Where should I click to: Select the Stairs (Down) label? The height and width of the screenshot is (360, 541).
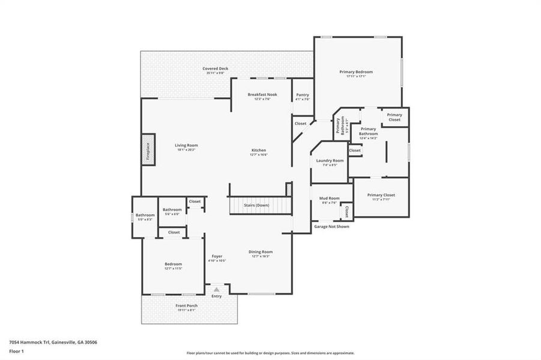(258, 205)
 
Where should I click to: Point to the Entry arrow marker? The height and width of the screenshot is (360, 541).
(216, 289)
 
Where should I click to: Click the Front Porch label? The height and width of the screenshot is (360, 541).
(186, 305)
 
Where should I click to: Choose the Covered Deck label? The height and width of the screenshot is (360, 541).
(215, 68)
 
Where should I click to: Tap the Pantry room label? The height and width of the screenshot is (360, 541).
(303, 94)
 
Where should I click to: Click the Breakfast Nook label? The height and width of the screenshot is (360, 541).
(262, 94)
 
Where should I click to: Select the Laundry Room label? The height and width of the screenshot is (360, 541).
(330, 160)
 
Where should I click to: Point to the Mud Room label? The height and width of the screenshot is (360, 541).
(330, 198)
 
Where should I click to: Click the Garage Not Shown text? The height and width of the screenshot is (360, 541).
(331, 226)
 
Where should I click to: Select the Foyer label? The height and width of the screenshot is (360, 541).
(217, 256)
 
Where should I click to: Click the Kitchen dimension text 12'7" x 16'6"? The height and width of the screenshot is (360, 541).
(258, 154)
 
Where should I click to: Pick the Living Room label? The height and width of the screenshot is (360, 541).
(186, 145)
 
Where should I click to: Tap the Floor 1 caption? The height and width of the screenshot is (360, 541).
(16, 353)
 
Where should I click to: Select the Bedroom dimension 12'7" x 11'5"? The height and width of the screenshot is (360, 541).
(174, 268)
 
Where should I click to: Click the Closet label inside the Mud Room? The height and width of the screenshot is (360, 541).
(346, 211)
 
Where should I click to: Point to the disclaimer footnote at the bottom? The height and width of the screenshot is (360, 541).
(270, 353)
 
